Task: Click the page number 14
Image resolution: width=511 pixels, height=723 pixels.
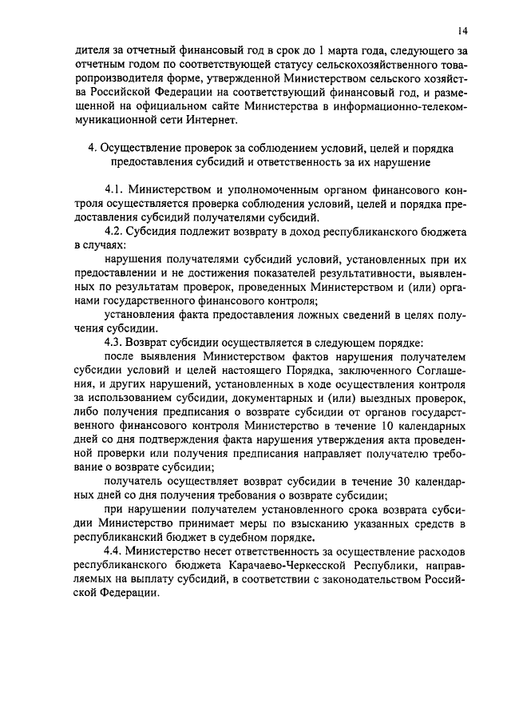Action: pos(463,30)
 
